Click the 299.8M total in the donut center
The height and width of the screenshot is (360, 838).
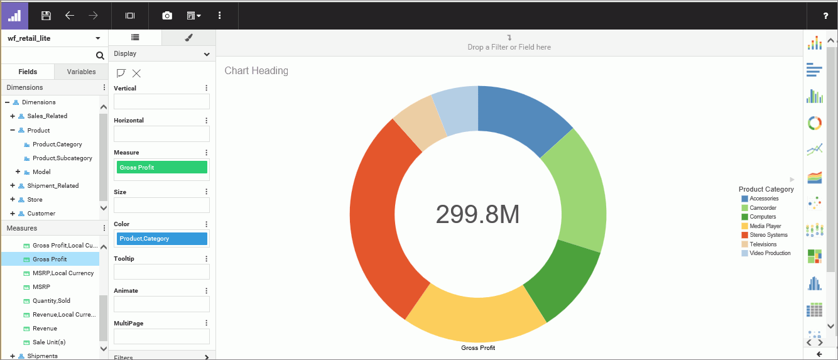[478, 215]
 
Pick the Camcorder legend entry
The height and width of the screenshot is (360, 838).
[763, 208]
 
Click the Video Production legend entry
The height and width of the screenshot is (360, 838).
[770, 253]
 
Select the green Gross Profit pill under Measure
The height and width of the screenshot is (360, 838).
[161, 167]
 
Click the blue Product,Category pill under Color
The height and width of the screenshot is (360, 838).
[161, 239]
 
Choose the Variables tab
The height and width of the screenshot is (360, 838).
[81, 72]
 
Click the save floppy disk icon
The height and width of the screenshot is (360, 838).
[46, 15]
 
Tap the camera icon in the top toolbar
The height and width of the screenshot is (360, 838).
[167, 15]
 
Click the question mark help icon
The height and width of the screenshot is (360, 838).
[825, 16]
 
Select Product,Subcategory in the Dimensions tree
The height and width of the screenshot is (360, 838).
[62, 158]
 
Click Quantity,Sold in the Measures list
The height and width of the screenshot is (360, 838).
[52, 301]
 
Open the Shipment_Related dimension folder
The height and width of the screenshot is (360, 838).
[53, 186]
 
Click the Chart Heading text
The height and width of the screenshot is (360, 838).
[256, 71]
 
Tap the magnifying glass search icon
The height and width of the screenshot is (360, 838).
[100, 56]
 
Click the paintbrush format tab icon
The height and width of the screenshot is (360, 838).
[188, 38]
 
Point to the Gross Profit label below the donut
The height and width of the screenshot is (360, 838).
[478, 347]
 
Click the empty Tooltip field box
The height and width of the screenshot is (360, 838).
[161, 271]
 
